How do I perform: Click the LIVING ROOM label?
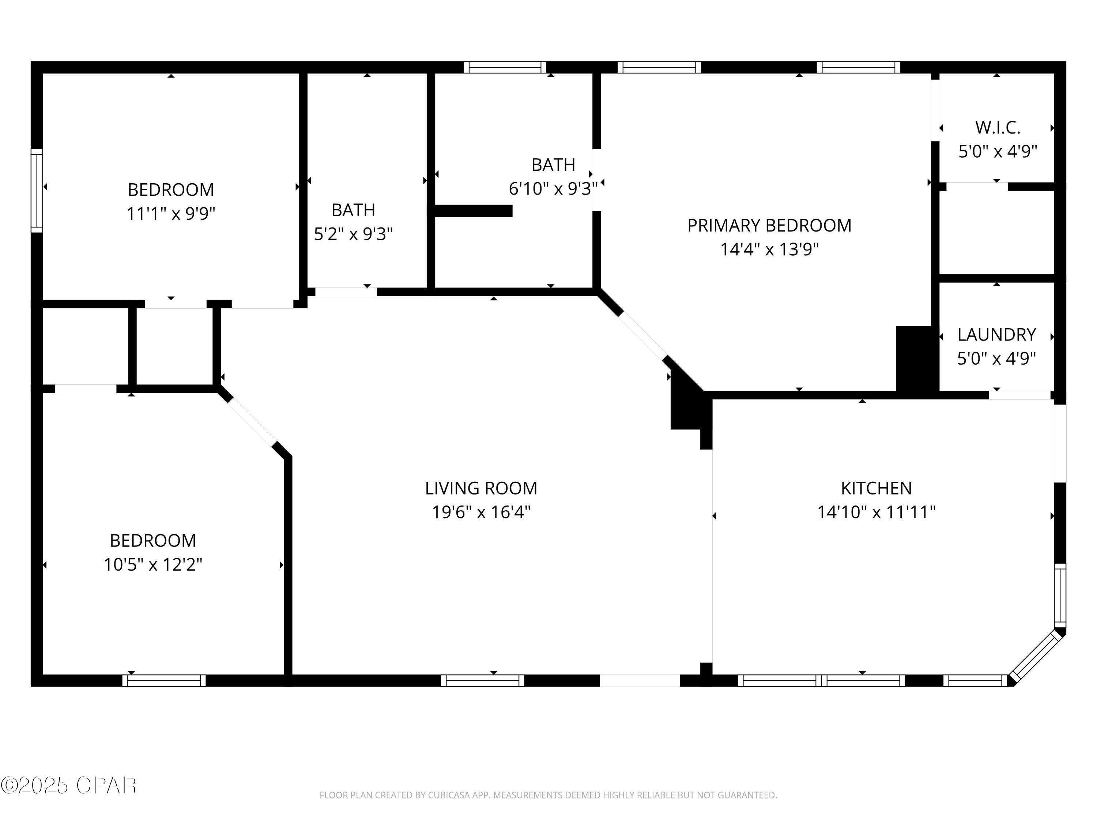(480, 488)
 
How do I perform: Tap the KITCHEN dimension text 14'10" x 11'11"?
(876, 512)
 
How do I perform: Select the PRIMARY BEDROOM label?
(769, 225)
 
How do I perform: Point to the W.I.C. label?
(997, 128)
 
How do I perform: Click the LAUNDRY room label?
(996, 335)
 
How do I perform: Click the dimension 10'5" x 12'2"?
(153, 564)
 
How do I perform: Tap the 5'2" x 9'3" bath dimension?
(353, 234)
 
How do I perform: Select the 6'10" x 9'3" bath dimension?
(553, 188)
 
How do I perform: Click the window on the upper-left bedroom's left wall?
(37, 191)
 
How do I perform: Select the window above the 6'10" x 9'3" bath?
(505, 67)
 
